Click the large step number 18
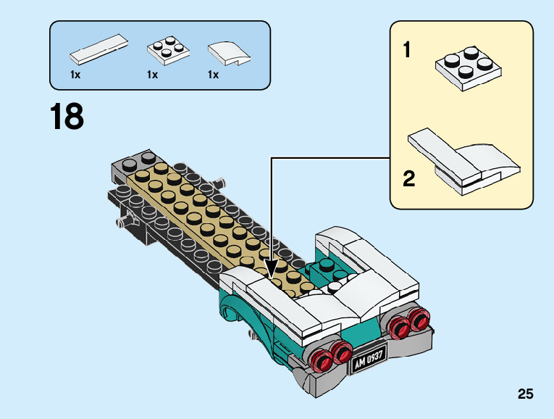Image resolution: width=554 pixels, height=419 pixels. coord(67,116)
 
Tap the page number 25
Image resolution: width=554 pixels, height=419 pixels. coord(525,394)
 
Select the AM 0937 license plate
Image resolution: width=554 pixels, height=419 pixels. coord(369,360)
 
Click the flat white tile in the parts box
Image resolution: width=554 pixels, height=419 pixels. coord(99,49)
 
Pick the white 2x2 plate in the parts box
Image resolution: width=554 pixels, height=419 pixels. coord(168,50)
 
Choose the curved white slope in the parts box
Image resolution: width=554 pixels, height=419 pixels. coord(229,54)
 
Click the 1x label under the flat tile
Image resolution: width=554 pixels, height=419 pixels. coord(75,75)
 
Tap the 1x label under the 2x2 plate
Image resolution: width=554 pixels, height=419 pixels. coord(152,75)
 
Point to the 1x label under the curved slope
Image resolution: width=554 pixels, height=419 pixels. coord(213,75)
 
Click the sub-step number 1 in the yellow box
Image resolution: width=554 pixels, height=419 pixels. coord(407,49)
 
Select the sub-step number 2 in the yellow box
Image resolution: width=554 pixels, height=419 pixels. coord(408,179)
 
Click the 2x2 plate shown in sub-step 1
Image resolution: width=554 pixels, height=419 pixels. coord(469,69)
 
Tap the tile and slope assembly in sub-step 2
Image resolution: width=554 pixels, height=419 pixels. coord(464,161)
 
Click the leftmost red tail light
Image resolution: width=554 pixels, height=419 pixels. coord(321,361)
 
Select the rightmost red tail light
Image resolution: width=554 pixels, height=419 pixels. coord(419,318)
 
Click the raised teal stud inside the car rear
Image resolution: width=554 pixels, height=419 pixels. coord(327,265)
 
